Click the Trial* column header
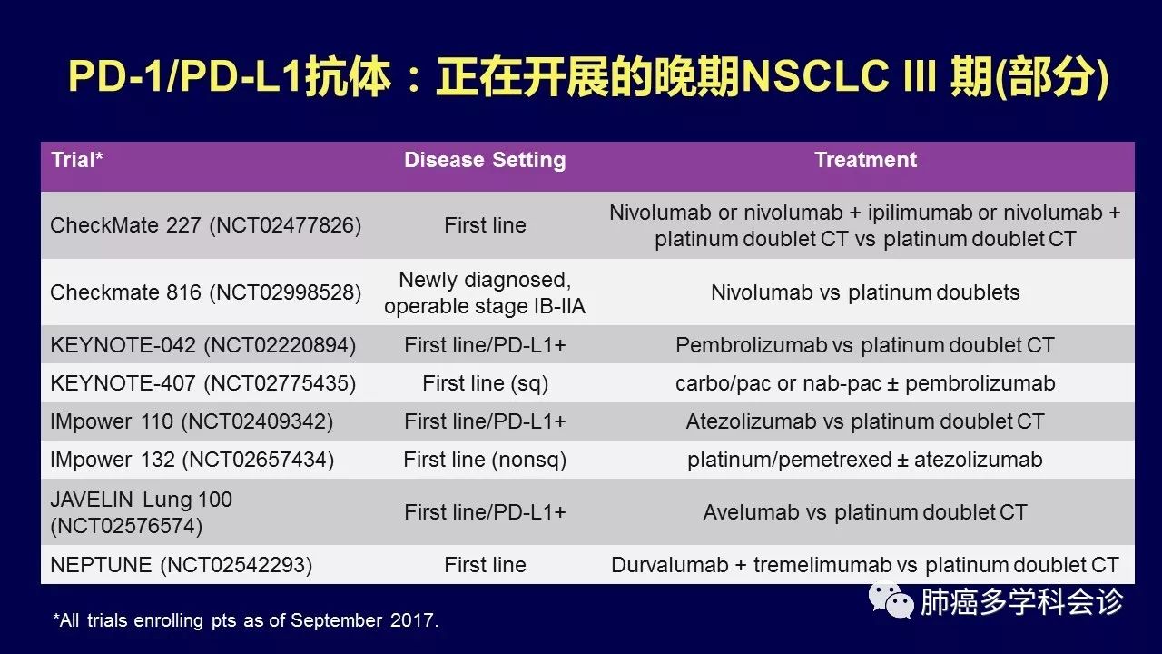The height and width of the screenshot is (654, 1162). tap(77, 160)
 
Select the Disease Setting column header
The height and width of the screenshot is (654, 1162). tap(485, 160)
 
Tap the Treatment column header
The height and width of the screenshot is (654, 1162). tap(865, 160)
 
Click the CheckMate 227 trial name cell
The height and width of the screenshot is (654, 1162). tap(205, 225)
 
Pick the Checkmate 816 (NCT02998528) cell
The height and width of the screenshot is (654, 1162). tap(205, 292)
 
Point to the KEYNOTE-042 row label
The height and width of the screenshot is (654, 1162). tap(202, 345)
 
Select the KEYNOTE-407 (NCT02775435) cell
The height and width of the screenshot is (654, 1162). tap(202, 383)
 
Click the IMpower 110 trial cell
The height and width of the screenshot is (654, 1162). tap(192, 421)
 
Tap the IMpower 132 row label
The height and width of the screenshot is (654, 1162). tap(192, 460)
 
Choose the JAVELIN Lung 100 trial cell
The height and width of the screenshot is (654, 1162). tap(141, 512)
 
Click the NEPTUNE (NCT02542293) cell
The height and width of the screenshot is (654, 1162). tap(181, 565)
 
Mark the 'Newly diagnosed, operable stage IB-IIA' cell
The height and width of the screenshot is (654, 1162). tap(485, 292)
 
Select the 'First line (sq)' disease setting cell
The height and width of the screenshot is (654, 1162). tap(485, 383)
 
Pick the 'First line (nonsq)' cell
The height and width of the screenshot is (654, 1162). tap(485, 460)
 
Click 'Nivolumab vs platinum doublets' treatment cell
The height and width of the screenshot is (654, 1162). tap(865, 292)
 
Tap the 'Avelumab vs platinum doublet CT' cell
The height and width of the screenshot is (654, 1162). tap(865, 512)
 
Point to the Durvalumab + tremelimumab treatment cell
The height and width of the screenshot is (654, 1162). tap(865, 565)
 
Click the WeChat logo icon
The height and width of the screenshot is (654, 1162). tap(891, 600)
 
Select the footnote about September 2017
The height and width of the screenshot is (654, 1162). tap(246, 620)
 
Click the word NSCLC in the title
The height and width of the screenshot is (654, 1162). tap(814, 77)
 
